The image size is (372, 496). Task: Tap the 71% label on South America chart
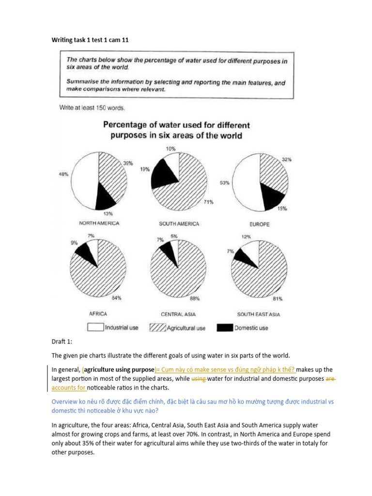(x=209, y=201)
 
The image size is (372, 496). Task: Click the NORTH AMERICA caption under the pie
(x=99, y=224)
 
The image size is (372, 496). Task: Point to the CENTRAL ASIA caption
(x=179, y=314)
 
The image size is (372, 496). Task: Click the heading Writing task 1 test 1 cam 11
(x=90, y=40)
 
